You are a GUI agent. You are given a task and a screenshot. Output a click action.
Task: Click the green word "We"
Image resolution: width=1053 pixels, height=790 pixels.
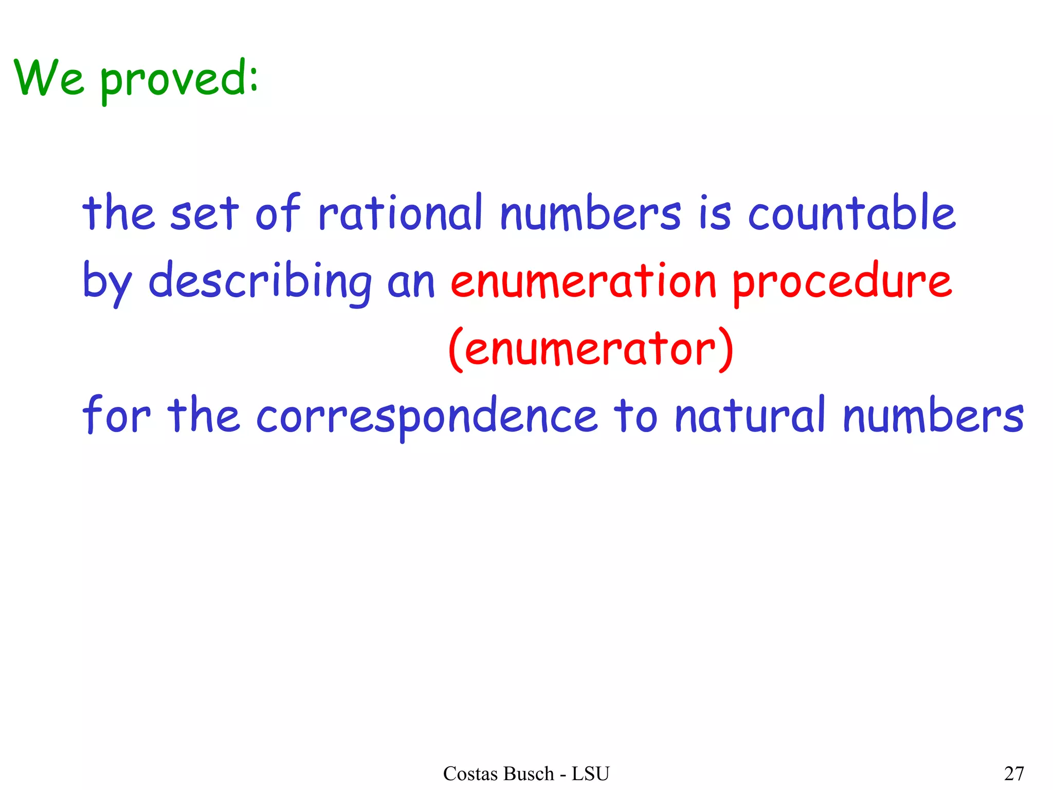click(49, 78)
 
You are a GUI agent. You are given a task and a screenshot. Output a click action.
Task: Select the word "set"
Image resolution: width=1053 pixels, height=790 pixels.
click(204, 213)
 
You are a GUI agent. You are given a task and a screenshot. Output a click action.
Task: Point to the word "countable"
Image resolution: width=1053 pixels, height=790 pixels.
click(851, 212)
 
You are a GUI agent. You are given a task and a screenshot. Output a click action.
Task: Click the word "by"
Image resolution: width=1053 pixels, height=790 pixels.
click(107, 282)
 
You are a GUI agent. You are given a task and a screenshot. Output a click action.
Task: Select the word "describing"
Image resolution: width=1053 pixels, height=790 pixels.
click(260, 282)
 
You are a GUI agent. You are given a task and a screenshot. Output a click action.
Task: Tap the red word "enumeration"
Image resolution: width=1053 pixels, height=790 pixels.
click(583, 282)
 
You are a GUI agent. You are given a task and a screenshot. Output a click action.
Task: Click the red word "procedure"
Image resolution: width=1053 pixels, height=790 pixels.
click(842, 282)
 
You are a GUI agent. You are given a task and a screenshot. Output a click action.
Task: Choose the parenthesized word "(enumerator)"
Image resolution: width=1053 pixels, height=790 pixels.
click(591, 349)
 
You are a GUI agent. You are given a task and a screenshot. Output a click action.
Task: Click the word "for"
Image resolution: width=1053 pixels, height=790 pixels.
click(116, 414)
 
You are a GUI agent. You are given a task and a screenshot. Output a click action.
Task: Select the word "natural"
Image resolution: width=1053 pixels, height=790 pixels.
click(750, 415)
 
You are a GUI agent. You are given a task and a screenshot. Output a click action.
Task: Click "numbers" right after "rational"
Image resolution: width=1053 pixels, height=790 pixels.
click(591, 213)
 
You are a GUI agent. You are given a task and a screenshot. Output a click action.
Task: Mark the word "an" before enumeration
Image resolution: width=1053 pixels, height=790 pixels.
click(411, 284)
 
